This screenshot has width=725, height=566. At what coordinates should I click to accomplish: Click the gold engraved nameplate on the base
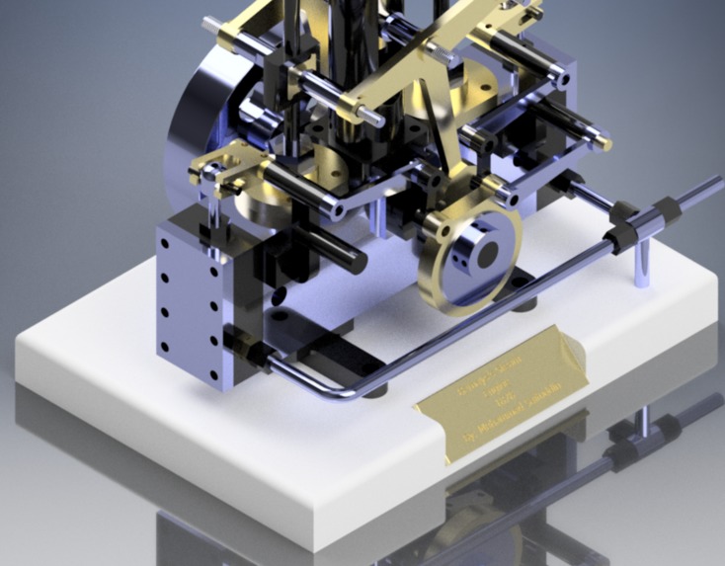(x=501, y=395)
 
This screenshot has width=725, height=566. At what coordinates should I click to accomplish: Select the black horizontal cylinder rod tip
(x=348, y=260)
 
